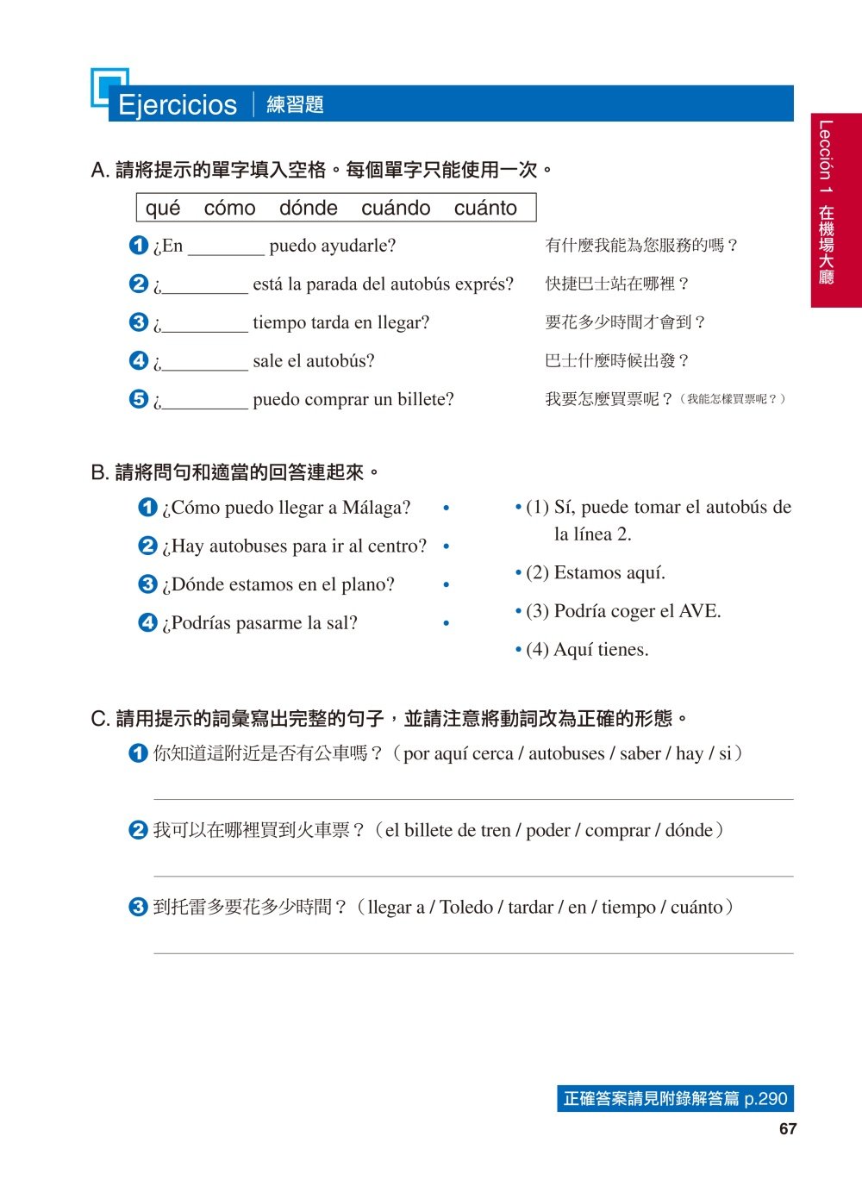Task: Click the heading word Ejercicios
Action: (x=177, y=104)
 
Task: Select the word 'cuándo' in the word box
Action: (x=396, y=208)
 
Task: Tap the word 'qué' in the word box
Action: (x=163, y=208)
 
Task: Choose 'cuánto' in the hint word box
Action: (x=485, y=208)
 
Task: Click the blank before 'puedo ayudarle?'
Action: (x=226, y=247)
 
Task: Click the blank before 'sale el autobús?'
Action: (x=205, y=363)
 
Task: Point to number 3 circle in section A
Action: (x=139, y=322)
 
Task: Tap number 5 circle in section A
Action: (x=139, y=399)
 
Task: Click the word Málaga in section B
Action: (x=376, y=508)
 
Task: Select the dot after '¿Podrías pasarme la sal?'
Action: (x=446, y=622)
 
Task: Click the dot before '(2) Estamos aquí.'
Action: (x=518, y=572)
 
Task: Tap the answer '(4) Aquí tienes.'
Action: (x=586, y=650)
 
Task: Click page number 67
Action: (x=787, y=1129)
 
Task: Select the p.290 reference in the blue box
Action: (x=765, y=1099)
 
